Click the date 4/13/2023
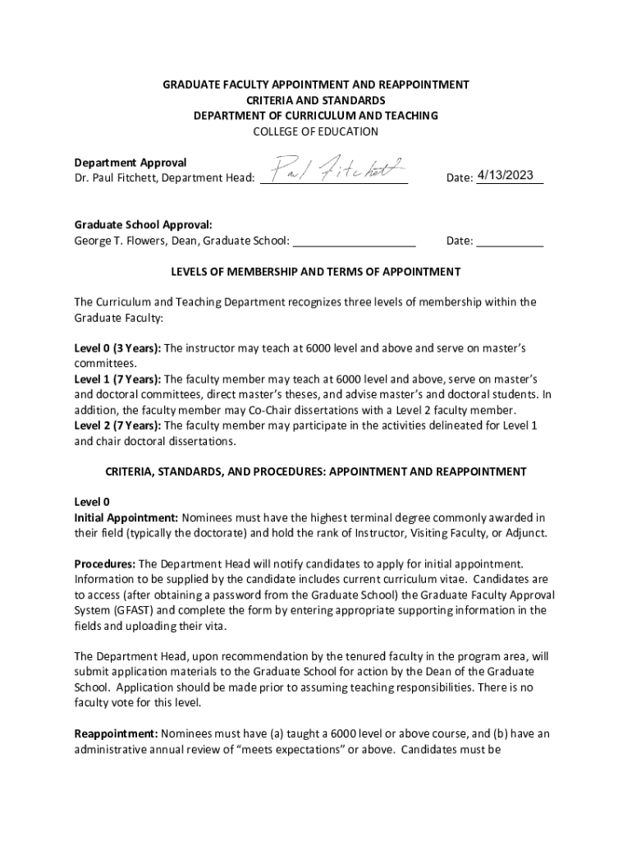[506, 175]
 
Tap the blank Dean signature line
[354, 242]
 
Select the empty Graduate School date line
[510, 242]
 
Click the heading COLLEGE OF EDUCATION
[315, 131]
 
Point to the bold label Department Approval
[131, 163]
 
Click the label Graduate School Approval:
[143, 224]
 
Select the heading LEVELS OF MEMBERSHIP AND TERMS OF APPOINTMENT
[315, 272]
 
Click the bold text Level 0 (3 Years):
[117, 348]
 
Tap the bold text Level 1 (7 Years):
[117, 379]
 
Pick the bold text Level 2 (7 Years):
[117, 425]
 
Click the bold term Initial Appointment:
[126, 518]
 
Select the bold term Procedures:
[105, 564]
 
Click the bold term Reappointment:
[116, 733]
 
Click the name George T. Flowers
[120, 241]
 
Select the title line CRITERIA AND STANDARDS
[315, 100]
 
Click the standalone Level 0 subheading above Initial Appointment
[92, 502]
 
